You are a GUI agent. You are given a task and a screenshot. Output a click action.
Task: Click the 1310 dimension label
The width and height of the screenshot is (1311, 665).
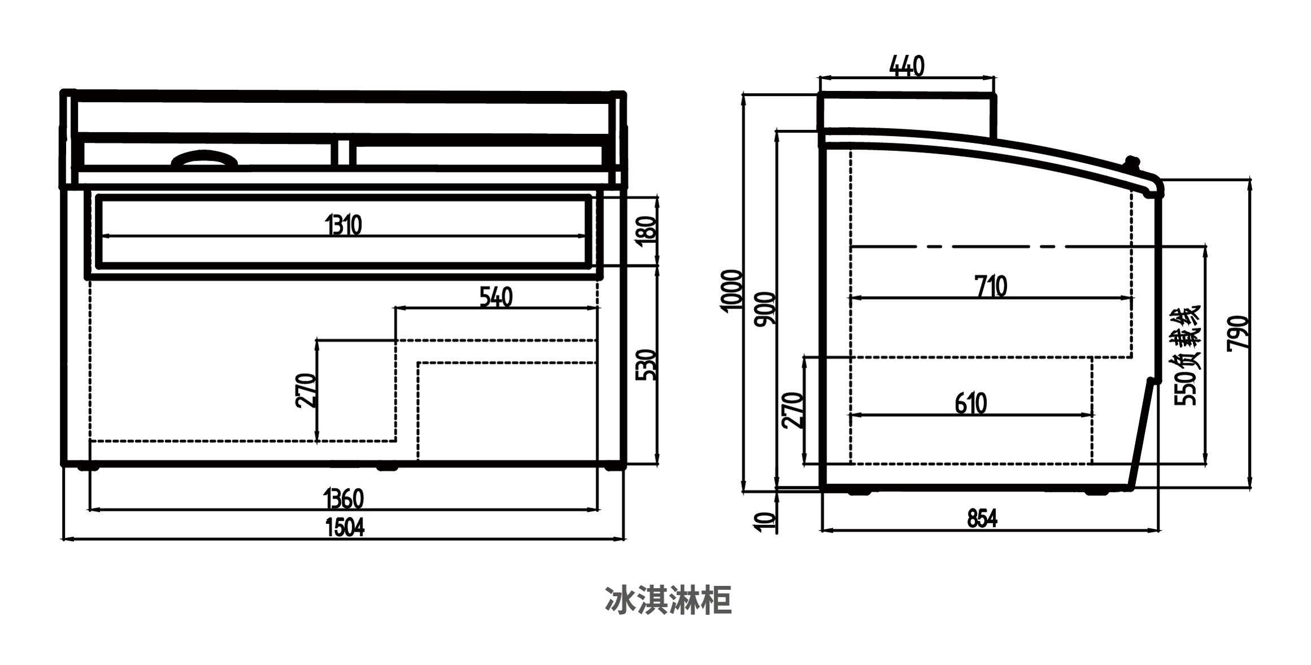(x=344, y=225)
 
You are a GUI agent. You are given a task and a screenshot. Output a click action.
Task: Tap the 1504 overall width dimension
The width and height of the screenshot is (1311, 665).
(x=345, y=528)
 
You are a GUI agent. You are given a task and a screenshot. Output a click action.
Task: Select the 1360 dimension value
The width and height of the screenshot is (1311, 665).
(x=344, y=499)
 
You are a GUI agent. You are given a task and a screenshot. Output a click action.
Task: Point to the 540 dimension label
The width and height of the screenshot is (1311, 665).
(x=496, y=297)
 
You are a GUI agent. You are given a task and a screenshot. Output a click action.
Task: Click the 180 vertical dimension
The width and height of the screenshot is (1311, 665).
(x=646, y=230)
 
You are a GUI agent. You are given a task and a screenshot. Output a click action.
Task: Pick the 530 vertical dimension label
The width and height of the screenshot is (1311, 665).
(x=646, y=365)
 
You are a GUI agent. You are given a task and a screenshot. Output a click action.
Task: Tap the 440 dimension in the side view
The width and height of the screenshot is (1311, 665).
(x=907, y=66)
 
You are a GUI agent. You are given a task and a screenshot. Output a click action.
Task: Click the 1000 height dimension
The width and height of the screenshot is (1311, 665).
(x=731, y=290)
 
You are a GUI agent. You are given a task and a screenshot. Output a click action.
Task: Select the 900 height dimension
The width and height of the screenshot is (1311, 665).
(x=766, y=308)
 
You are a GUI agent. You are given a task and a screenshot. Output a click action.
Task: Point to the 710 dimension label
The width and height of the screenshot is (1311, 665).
(x=991, y=286)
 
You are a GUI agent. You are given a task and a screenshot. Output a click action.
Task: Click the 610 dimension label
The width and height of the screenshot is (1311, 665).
(x=971, y=404)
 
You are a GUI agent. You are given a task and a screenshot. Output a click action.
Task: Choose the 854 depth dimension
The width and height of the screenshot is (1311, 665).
(x=982, y=519)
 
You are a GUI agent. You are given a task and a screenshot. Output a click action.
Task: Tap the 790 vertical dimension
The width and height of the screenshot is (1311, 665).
(x=1238, y=333)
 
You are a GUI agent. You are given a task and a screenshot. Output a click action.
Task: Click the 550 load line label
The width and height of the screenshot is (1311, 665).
(x=1187, y=356)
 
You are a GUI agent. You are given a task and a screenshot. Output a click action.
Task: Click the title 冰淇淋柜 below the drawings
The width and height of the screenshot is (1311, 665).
(x=668, y=601)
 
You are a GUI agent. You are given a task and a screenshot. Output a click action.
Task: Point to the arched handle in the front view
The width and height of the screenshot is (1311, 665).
(x=204, y=159)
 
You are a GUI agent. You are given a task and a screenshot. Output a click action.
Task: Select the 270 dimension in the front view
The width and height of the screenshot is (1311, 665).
(x=306, y=390)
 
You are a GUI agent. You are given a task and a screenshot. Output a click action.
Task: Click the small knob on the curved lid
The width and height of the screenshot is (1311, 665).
(x=1131, y=163)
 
